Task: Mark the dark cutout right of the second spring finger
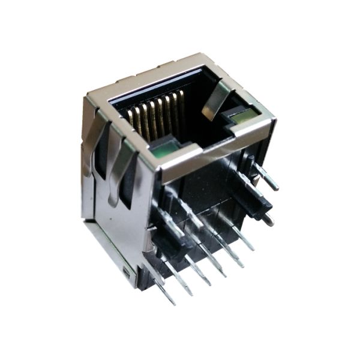[x=128, y=189]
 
